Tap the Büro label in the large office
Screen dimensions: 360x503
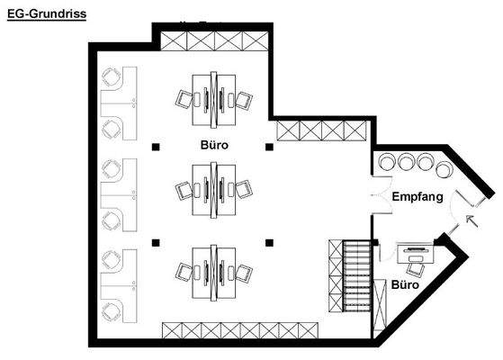click(213, 145)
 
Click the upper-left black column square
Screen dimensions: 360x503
click(156, 146)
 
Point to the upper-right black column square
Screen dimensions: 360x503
click(268, 146)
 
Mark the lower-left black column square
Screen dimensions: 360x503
click(156, 241)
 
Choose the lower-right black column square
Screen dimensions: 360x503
click(268, 241)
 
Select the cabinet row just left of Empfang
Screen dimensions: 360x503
click(319, 130)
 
